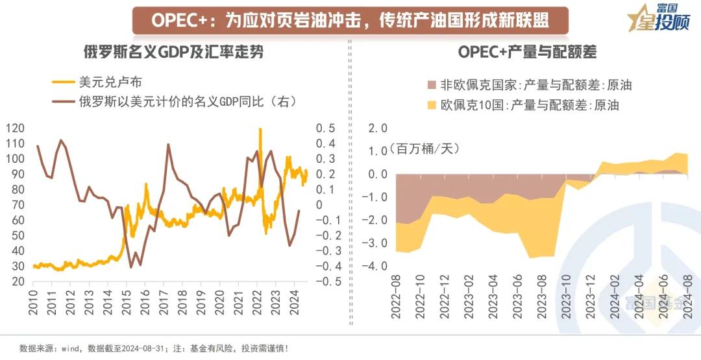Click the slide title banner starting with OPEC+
pyautogui.click(x=350, y=20)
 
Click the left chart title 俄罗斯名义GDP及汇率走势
pyautogui.click(x=174, y=52)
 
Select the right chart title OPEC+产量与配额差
pyautogui.click(x=527, y=52)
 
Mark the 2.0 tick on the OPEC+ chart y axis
pyautogui.click(x=378, y=128)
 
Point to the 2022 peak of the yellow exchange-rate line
pyautogui.click(x=260, y=129)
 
